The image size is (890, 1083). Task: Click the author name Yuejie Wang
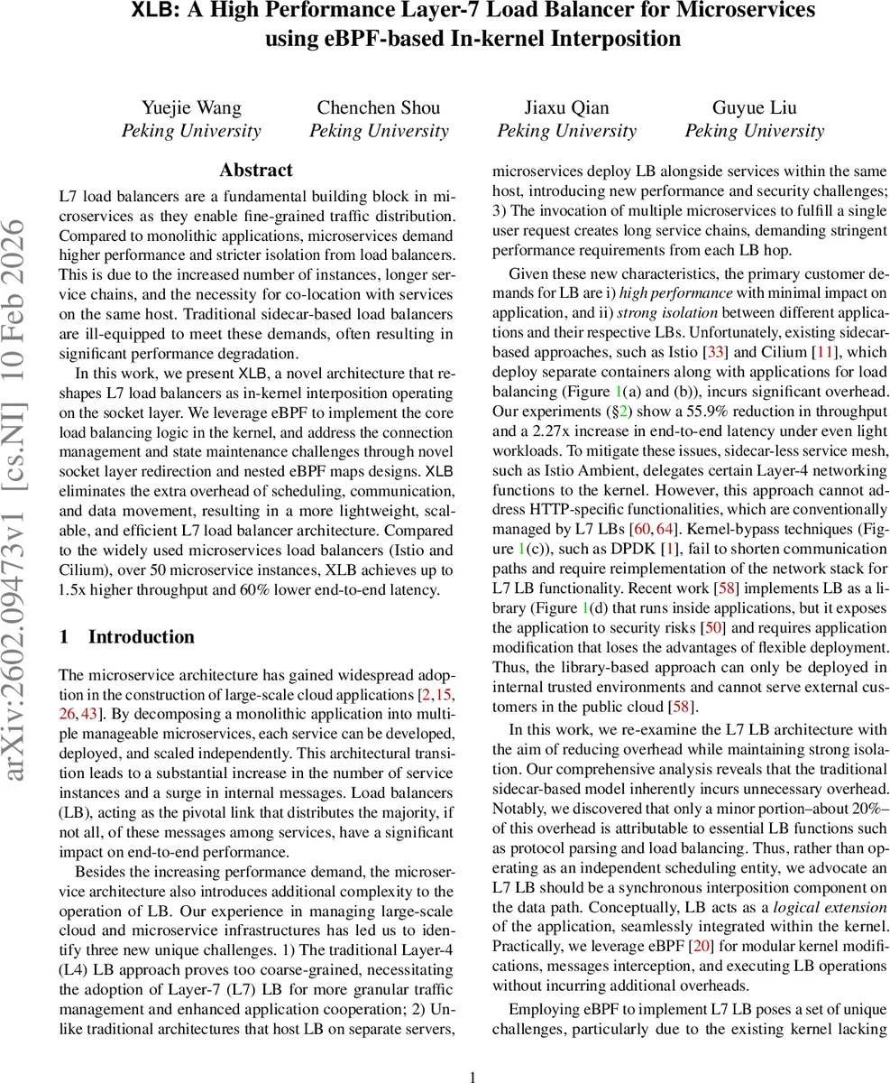pyautogui.click(x=191, y=108)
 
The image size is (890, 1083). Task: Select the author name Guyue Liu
pyautogui.click(x=754, y=108)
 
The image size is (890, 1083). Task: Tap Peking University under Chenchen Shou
pyautogui.click(x=379, y=131)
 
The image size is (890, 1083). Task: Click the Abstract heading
pyautogui.click(x=256, y=171)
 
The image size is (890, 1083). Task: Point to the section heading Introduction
pyautogui.click(x=141, y=637)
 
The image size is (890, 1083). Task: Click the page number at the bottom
pyautogui.click(x=474, y=1076)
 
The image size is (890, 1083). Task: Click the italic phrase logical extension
pyautogui.click(x=831, y=907)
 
